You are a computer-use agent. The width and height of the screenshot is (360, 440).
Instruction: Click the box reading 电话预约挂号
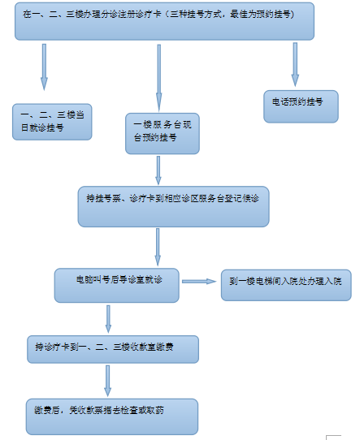301,106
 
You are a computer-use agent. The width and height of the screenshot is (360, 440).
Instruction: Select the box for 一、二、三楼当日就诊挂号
52,122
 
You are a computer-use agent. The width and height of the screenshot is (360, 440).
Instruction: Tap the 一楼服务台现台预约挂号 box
163,134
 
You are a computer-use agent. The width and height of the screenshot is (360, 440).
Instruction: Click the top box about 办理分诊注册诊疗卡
164,21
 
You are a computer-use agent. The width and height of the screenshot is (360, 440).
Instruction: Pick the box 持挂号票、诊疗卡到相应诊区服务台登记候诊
174,206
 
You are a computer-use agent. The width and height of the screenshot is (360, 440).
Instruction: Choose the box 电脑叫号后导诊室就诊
116,286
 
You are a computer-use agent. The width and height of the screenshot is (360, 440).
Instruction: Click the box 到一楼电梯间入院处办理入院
286,285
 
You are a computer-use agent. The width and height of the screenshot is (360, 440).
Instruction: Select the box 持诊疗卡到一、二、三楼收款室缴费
113,349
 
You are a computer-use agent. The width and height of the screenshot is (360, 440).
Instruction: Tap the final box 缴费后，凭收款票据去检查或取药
112,416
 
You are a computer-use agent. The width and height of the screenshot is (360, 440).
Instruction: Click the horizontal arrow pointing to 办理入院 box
199,281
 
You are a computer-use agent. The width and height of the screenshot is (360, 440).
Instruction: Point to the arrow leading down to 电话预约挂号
295,65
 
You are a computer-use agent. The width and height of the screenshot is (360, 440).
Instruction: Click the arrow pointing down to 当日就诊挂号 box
44,67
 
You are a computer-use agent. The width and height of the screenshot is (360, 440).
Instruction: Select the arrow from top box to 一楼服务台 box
159,78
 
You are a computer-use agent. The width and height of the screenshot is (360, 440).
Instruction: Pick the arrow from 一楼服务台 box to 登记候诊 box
158,170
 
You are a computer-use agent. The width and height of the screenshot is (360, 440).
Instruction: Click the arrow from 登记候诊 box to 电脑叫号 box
158,247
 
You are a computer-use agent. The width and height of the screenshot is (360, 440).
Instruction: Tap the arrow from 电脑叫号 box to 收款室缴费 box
108,319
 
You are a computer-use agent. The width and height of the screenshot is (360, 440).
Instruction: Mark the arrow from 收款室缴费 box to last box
107,381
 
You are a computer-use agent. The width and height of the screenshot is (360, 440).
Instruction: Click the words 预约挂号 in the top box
275,14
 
